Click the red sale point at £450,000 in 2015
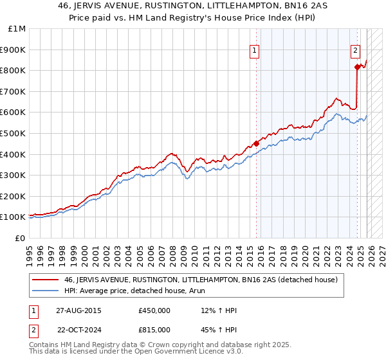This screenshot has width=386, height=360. [256, 143]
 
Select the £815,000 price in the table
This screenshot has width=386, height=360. [154, 330]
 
